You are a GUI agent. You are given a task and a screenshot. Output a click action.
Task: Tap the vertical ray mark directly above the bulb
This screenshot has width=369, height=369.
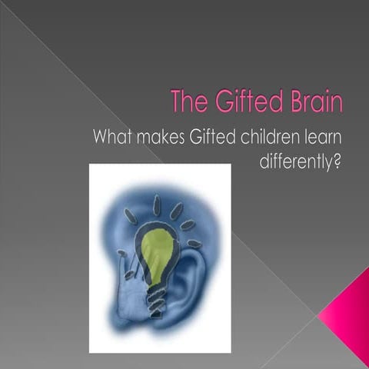click(157, 204)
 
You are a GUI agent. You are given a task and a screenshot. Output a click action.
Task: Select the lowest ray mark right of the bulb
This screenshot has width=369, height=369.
click(194, 244)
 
